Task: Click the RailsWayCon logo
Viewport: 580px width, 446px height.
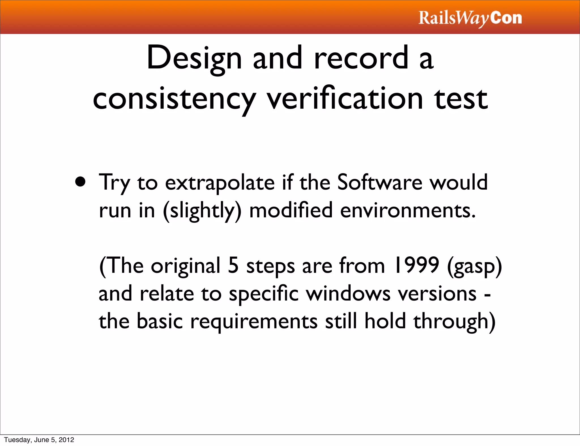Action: [470, 18]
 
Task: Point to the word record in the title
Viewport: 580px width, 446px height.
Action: [361, 58]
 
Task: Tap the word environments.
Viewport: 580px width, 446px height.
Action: [408, 211]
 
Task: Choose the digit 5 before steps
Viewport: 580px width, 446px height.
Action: [233, 265]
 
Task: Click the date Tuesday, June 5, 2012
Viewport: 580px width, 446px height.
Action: [39, 440]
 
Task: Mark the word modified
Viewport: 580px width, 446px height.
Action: [291, 211]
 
